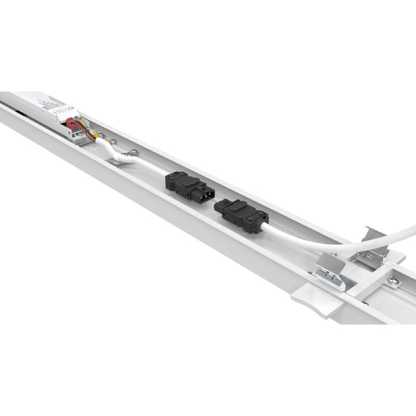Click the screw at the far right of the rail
tap(394, 281)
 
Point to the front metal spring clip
tap(332, 271)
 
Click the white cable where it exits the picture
tap(411, 229)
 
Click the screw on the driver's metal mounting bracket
tap(102, 137)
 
